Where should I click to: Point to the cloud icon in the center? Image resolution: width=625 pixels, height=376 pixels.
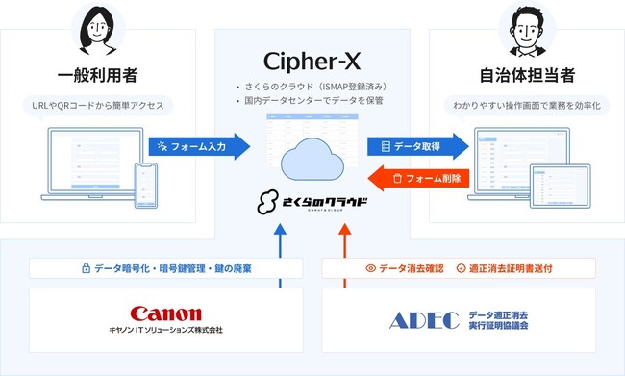pos(312,159)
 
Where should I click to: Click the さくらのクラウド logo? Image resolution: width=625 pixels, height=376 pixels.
pos(312,204)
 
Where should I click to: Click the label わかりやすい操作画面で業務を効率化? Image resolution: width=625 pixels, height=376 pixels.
pos(525,105)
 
